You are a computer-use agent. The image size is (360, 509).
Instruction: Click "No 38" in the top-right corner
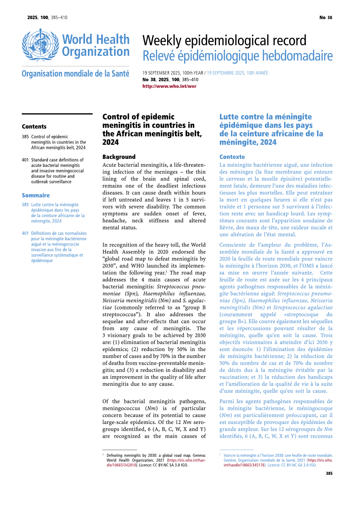click(326, 17)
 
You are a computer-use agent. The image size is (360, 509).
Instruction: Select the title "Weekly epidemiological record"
click(224, 41)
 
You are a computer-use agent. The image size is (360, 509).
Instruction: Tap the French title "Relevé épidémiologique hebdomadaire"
click(237, 56)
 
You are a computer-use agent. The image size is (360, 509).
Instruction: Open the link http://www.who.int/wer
click(169, 86)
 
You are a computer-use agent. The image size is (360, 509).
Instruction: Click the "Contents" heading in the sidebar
click(34, 127)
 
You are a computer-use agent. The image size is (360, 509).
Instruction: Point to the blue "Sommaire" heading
click(35, 195)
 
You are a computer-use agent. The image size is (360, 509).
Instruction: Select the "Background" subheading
click(119, 157)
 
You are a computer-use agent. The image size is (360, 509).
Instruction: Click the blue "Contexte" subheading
click(232, 157)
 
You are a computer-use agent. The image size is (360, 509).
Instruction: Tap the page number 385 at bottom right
click(329, 473)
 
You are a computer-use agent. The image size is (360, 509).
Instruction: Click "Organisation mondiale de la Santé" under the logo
click(75, 74)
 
